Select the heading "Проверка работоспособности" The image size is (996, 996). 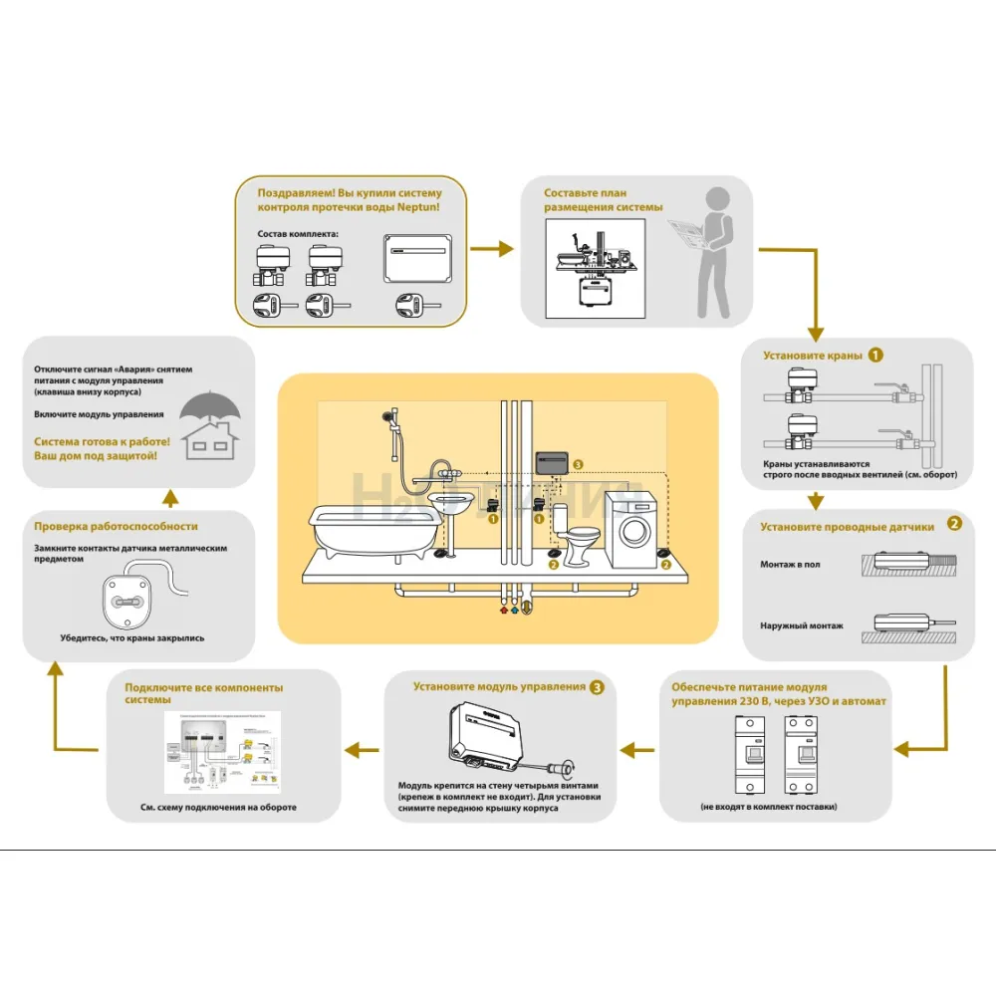116,526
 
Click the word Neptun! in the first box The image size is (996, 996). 414,207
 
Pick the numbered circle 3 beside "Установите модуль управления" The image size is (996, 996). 596,686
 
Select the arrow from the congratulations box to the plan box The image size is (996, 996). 493,248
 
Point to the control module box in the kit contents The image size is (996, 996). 418,258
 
